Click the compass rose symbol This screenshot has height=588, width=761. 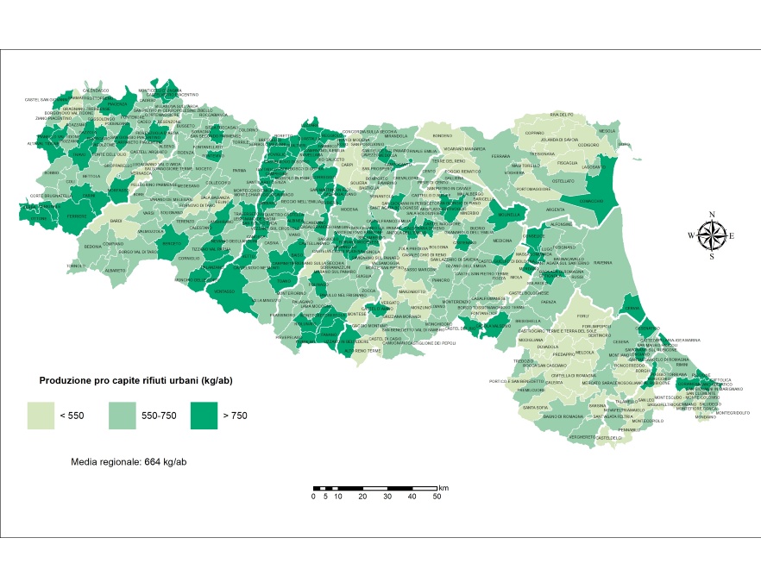pos(712,235)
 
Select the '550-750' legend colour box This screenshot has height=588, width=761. pos(123,416)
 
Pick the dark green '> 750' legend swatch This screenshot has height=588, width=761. pos(204,416)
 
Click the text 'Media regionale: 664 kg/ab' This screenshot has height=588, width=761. pos(129,462)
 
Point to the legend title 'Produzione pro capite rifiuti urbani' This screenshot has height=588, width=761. pos(136,380)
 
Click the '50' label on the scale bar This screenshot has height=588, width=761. pos(437,497)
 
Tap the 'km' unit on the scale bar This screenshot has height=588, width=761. pos(443,487)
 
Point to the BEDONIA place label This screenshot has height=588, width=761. pos(93,247)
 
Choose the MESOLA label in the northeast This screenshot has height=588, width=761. pos(607,131)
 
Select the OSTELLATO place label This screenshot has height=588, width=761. pos(563,181)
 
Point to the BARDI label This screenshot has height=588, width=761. pos(116,222)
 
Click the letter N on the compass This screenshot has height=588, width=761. pos(712,215)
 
